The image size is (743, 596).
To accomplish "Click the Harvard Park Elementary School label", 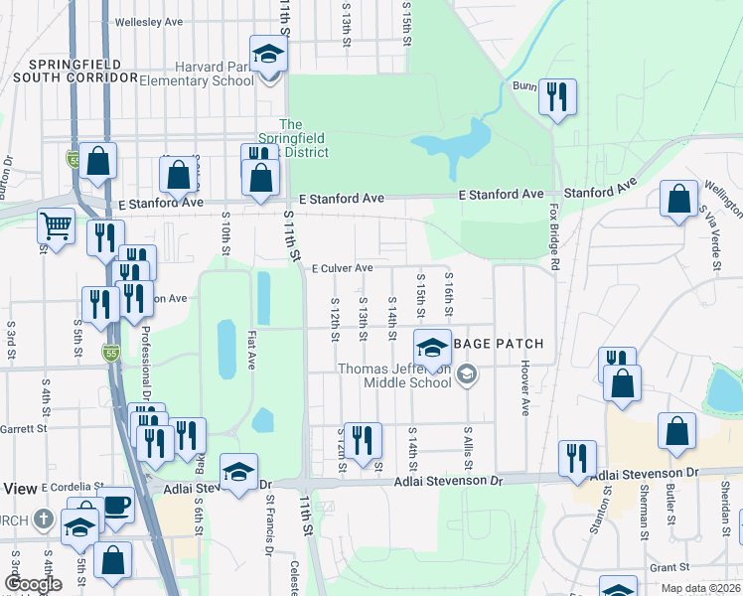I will pos(197,74).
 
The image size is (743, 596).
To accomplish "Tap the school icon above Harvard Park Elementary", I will pos(267,54).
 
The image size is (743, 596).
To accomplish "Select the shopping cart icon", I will pos(56,226).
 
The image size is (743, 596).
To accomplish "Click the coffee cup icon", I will pos(114,505).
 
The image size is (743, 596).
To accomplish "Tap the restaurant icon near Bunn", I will pos(556,96).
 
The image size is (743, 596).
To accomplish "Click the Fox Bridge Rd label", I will pos(552,239).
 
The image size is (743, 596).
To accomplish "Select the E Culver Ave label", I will pos(341,268).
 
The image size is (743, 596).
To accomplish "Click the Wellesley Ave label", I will pos(150,21).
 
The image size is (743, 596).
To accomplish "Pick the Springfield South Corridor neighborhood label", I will pos(74,68).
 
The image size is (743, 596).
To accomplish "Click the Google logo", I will pos(33,584).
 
